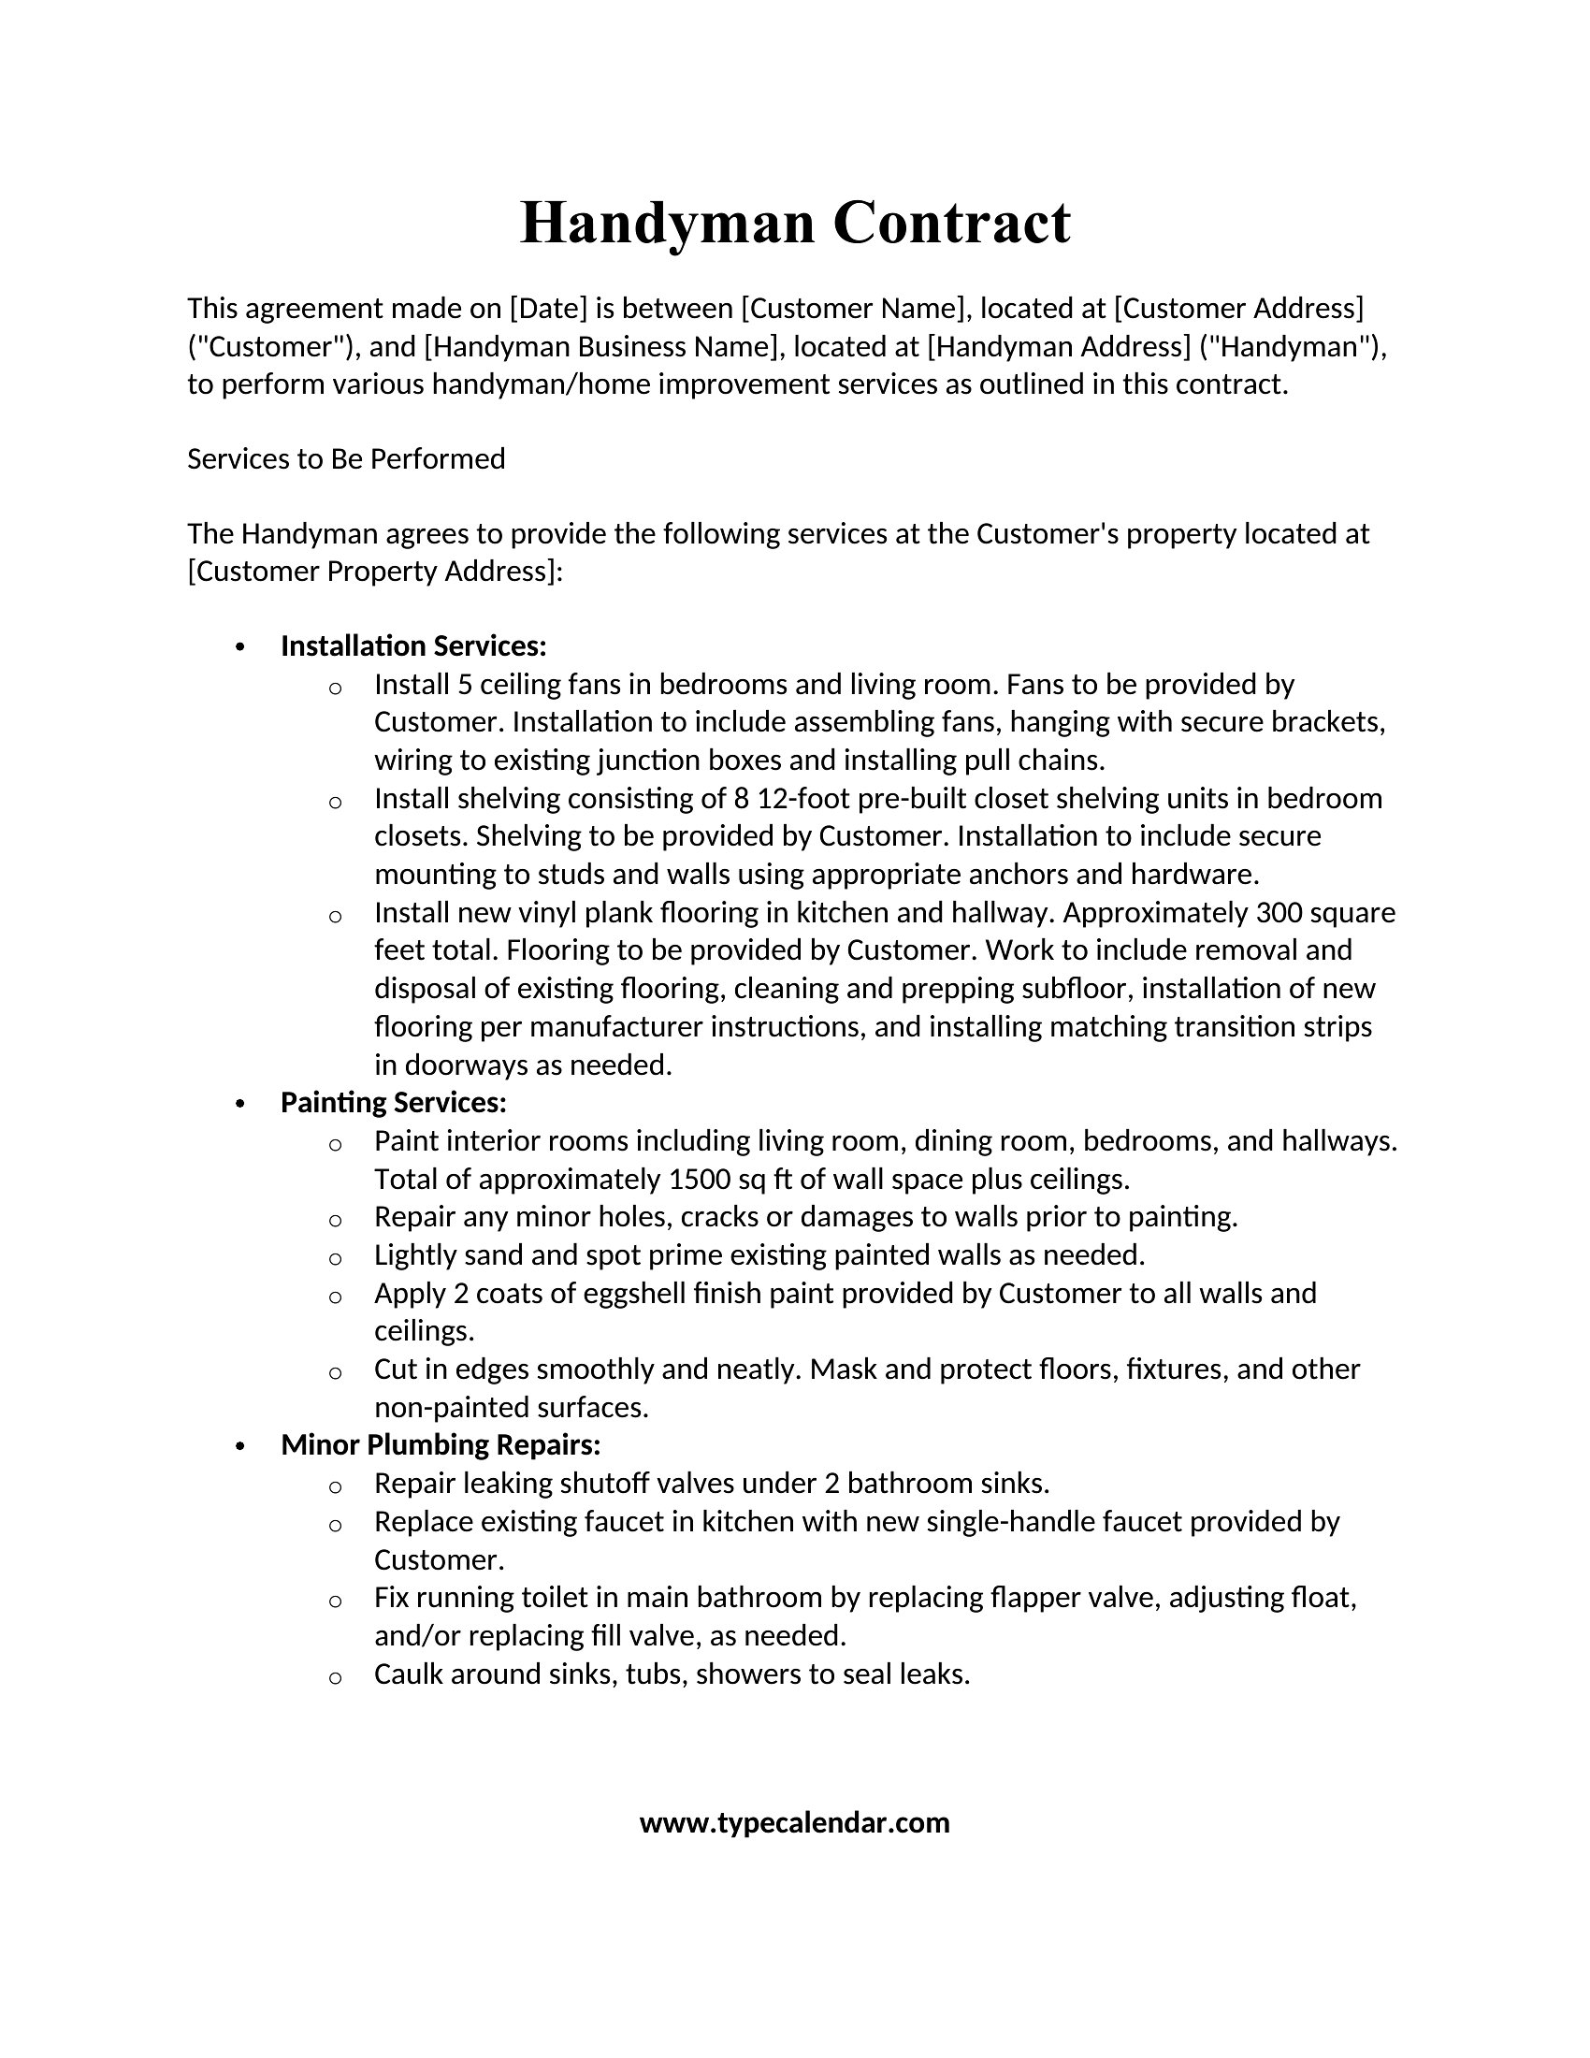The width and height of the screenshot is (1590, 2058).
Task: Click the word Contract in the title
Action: [951, 224]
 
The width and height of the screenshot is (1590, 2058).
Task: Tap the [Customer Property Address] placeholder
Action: [374, 571]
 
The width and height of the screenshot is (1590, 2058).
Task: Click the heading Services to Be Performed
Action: [346, 459]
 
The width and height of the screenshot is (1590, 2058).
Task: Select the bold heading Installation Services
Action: [413, 645]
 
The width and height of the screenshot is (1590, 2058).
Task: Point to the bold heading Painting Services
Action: [394, 1102]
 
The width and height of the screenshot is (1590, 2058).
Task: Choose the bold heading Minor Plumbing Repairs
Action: [440, 1444]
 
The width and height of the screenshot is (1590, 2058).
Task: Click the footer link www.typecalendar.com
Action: [794, 1822]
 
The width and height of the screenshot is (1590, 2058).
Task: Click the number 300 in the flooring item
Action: [1277, 912]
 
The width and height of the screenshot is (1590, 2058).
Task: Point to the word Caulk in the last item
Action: [408, 1674]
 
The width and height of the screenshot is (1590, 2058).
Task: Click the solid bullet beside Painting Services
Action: [241, 1104]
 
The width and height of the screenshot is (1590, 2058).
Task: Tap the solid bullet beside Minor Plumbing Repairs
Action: [241, 1446]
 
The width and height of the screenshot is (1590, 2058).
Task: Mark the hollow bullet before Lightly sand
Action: [336, 1258]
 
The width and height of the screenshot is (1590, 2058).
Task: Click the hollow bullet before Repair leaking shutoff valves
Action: [336, 1487]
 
